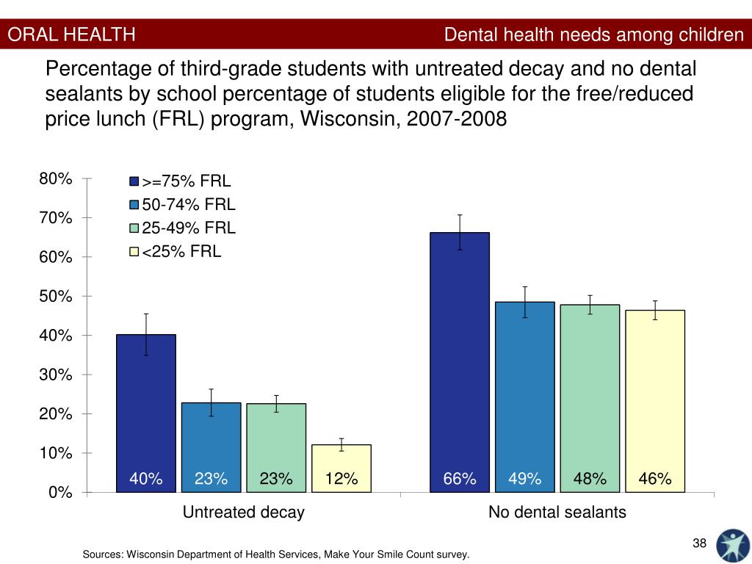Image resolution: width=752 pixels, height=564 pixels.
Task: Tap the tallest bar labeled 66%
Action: [x=460, y=352]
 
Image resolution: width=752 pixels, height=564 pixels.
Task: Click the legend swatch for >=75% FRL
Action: [x=134, y=181]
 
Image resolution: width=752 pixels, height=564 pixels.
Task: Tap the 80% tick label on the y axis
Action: [x=57, y=179]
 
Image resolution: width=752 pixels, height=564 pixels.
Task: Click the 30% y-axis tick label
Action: [x=57, y=375]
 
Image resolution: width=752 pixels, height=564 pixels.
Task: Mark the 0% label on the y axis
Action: [x=60, y=493]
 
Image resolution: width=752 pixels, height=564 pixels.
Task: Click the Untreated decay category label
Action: [x=243, y=513]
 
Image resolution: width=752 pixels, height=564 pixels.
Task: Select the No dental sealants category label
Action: [x=557, y=513]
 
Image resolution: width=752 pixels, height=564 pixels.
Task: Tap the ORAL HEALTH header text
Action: [x=72, y=35]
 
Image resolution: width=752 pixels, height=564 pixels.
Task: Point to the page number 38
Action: [x=699, y=543]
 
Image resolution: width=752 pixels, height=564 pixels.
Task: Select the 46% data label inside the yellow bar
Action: [x=655, y=480]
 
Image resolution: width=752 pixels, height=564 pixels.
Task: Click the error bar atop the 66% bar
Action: [x=460, y=231]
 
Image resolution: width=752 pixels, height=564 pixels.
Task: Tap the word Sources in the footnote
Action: [x=103, y=554]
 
